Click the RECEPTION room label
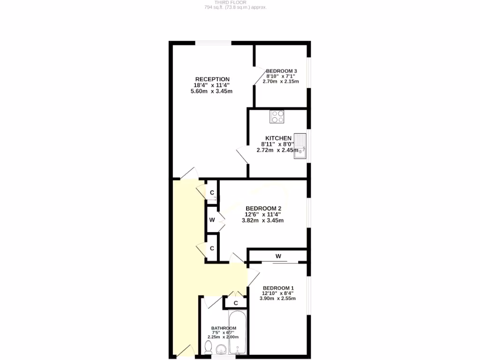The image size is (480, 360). tap(212, 79)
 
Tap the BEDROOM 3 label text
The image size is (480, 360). tap(282, 71)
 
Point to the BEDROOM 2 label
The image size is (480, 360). tap(263, 209)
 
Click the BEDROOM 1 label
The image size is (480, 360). tap(278, 288)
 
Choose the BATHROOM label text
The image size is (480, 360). tap(223, 328)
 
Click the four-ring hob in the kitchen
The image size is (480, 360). tap(277, 116)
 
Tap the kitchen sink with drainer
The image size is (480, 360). tap(300, 145)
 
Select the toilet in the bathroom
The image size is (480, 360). tap(209, 347)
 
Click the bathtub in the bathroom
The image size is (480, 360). tap(238, 333)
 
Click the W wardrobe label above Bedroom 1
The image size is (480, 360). tap(278, 256)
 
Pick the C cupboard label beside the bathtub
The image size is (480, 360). tap(236, 303)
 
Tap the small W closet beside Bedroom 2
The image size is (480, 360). tap(212, 220)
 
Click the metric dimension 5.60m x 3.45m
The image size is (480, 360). tap(211, 91)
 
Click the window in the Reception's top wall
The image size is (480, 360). tap(213, 43)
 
